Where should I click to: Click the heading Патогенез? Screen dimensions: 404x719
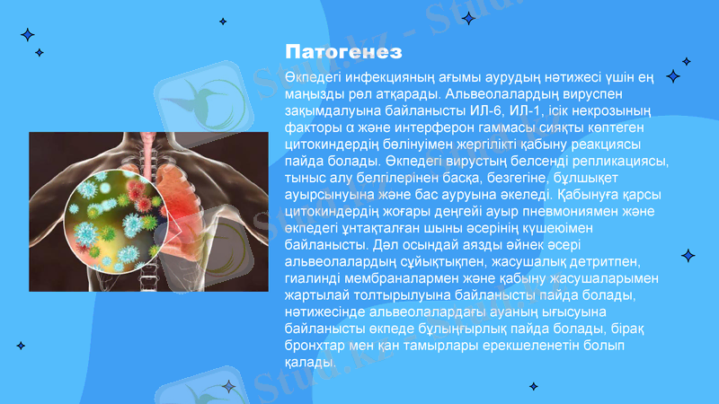342,49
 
